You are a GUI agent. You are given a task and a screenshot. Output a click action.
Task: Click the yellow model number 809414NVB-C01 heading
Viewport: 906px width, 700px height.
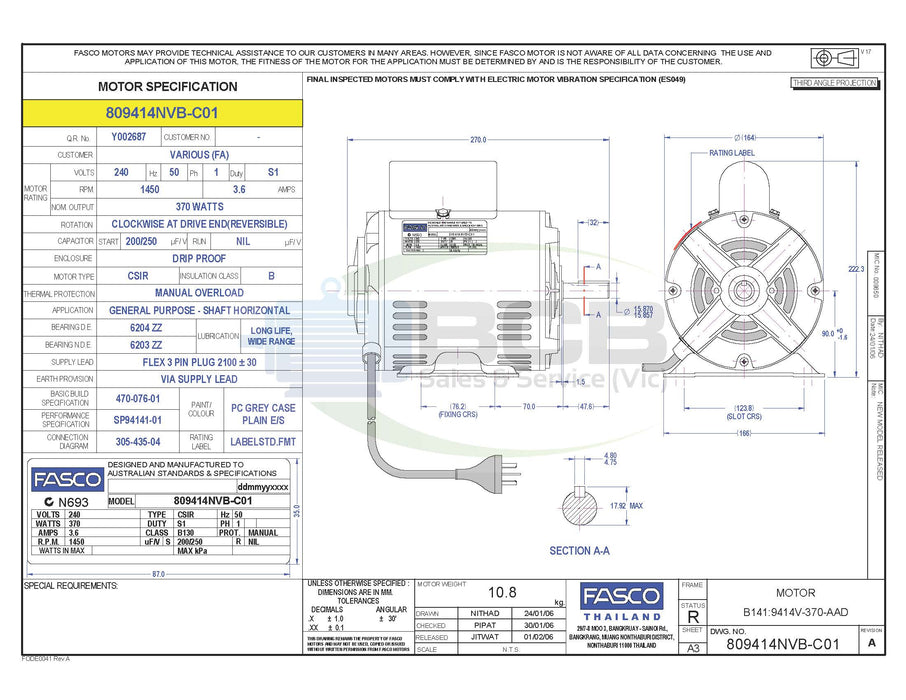coord(161,113)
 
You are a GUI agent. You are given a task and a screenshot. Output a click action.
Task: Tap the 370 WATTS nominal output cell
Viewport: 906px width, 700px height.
coord(199,207)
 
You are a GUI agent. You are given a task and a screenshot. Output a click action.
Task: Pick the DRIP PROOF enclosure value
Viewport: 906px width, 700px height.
coord(199,258)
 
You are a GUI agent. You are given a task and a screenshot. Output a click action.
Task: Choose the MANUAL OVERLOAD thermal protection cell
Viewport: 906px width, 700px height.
coord(199,293)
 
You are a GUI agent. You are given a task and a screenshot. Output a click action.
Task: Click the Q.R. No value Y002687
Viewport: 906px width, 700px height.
coord(128,137)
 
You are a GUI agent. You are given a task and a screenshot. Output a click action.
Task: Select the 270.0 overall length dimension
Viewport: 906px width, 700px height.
coord(478,140)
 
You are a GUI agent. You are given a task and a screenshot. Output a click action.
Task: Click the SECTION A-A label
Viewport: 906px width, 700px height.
coord(579,551)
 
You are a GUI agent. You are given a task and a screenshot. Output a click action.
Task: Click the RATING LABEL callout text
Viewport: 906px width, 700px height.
coord(731,153)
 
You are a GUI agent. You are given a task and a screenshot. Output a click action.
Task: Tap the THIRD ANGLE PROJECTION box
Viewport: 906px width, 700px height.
coord(834,83)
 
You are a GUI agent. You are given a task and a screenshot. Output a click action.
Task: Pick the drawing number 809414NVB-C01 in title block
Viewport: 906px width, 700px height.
coord(782,644)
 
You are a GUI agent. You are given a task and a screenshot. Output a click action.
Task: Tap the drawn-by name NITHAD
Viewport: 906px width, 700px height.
coord(484,613)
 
